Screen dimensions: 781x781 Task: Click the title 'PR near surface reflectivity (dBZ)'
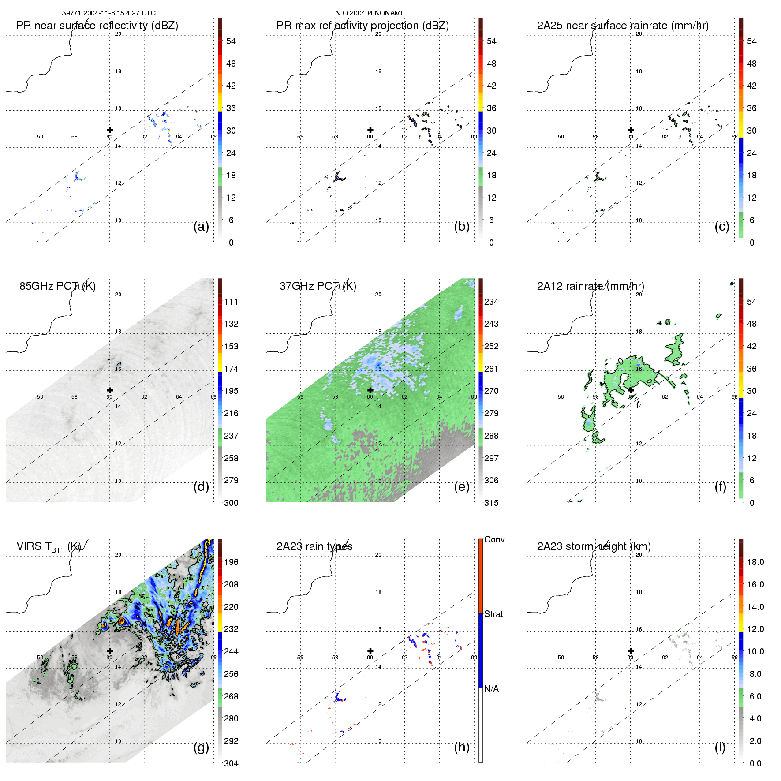tap(97, 26)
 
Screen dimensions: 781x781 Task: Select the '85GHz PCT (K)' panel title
tap(57, 286)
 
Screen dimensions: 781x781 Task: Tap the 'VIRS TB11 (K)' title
tap(49, 547)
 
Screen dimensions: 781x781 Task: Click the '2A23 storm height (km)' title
tap(594, 546)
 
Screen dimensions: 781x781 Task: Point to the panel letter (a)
tap(201, 227)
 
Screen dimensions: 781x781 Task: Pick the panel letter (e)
tap(461, 487)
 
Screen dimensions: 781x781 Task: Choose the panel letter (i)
tap(720, 747)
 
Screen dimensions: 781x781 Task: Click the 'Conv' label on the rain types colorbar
tap(494, 539)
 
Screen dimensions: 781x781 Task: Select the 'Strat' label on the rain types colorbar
tap(493, 614)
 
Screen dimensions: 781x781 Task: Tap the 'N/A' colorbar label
tap(491, 689)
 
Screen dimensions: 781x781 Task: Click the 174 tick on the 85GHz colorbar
tap(231, 369)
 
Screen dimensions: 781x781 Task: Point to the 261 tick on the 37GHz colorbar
tap(491, 369)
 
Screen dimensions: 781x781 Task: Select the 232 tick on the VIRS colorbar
tap(231, 629)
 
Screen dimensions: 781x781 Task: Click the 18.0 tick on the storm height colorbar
tap(755, 562)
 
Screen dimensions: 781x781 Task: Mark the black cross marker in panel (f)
tap(631, 390)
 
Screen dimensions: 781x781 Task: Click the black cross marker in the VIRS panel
tap(110, 650)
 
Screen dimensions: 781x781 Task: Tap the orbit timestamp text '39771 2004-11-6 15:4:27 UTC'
tap(109, 13)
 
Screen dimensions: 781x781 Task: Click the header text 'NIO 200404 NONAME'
tap(370, 13)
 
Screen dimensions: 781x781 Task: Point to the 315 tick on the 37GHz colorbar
tap(491, 503)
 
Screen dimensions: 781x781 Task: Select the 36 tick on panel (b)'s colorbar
tap(491, 108)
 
